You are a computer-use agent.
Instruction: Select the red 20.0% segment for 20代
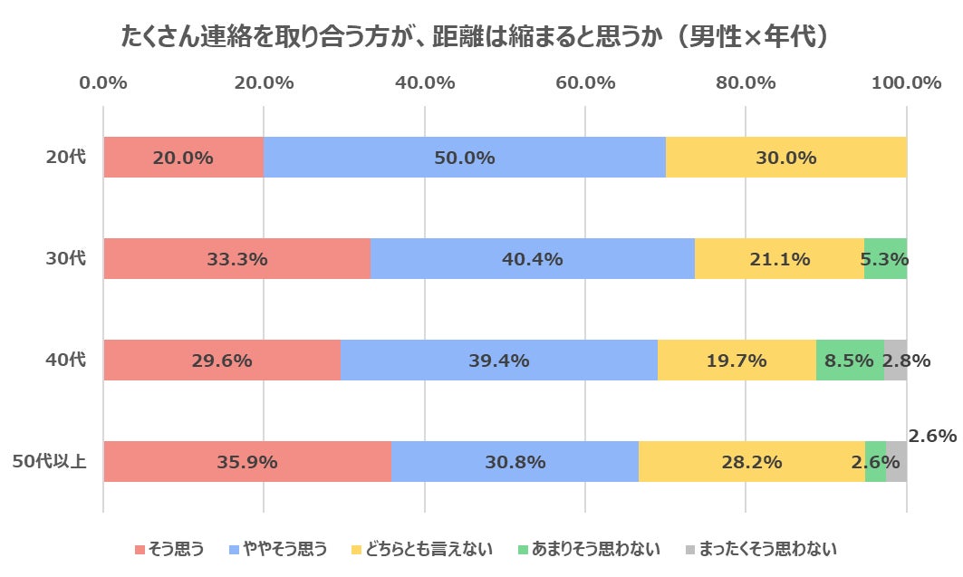(x=183, y=158)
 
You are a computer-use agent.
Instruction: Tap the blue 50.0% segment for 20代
(x=464, y=158)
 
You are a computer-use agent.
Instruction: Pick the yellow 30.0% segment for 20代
(x=785, y=158)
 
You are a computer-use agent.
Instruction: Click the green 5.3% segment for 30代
(x=885, y=259)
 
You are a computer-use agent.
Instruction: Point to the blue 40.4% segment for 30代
(x=532, y=259)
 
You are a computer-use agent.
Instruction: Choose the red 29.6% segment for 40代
(x=221, y=361)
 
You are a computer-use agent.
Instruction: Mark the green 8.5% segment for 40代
(x=849, y=361)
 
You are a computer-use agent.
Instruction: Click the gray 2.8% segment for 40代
(x=895, y=361)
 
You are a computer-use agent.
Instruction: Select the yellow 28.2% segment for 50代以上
(x=751, y=462)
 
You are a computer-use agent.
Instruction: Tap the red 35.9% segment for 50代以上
(x=246, y=462)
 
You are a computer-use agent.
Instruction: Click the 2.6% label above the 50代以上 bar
(x=932, y=436)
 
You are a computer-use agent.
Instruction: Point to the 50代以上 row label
(x=50, y=462)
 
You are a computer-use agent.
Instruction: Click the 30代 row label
(x=66, y=259)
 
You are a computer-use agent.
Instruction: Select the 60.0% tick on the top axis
(x=585, y=83)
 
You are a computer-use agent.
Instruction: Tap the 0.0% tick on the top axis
(x=103, y=83)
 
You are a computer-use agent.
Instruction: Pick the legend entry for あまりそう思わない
(x=588, y=549)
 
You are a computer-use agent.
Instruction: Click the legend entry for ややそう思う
(x=278, y=549)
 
